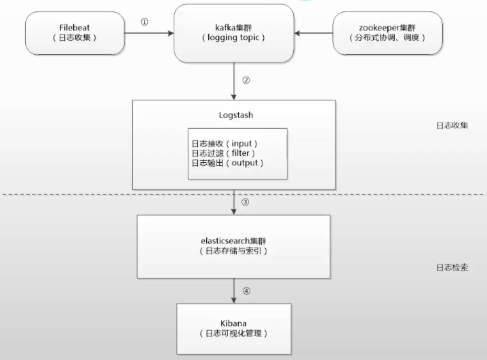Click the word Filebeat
point(75,28)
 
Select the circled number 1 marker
point(144,22)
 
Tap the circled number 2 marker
point(246,81)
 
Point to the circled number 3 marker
point(245,202)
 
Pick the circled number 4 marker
point(246,291)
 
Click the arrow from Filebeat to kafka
point(149,33)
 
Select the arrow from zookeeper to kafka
point(313,33)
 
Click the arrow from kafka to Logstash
point(234,81)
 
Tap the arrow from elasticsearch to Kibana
point(234,291)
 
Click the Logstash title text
point(236,115)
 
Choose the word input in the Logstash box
point(241,144)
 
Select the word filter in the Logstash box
point(240,153)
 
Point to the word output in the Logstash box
point(245,163)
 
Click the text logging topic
point(233,37)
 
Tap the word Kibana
point(233,323)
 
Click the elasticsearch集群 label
point(233,241)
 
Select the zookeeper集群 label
point(387,28)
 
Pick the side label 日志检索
point(452,268)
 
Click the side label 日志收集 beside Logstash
point(452,125)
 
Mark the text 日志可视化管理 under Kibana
point(233,334)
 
